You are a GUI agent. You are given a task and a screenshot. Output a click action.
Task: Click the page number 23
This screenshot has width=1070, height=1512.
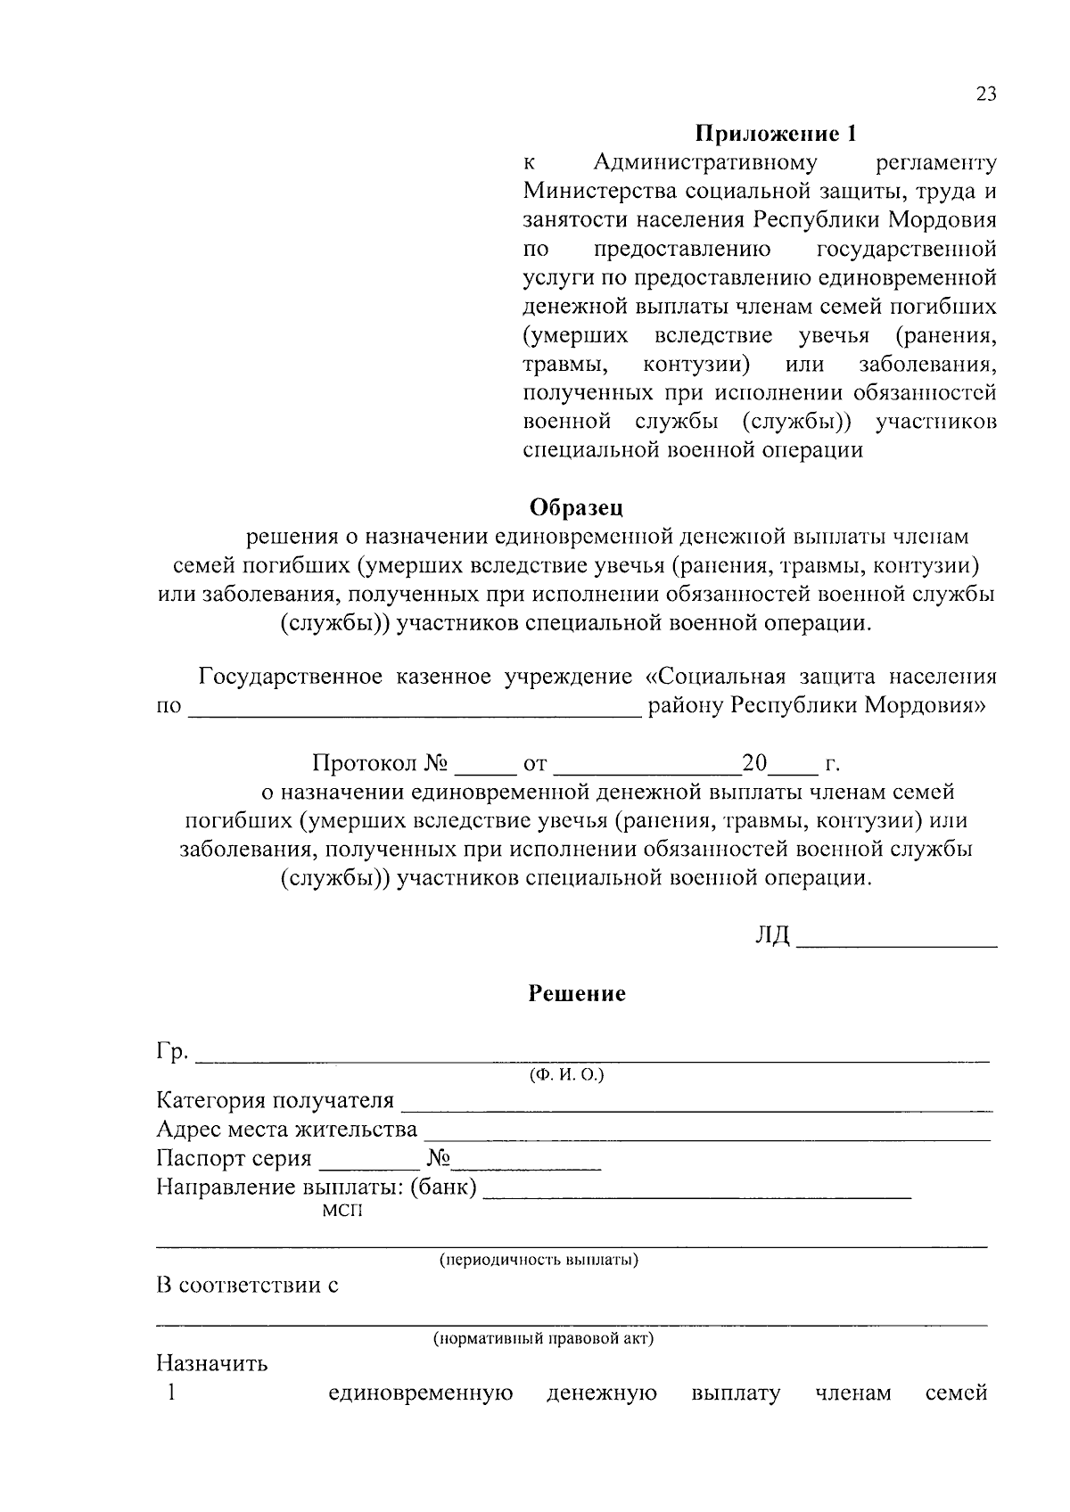(x=986, y=94)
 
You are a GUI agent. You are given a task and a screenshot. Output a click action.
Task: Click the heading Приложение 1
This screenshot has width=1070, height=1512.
(x=776, y=135)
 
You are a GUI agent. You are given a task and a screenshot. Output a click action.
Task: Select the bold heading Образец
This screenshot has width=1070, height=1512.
(x=576, y=507)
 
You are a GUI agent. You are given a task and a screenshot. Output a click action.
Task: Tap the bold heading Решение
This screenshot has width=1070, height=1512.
(x=577, y=993)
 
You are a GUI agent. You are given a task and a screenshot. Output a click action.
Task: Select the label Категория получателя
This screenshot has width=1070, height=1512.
(x=275, y=1102)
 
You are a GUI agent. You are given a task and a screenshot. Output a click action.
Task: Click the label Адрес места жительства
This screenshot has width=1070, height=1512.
(x=286, y=1130)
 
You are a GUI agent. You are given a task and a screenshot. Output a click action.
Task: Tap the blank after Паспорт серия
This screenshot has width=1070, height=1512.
(x=368, y=1167)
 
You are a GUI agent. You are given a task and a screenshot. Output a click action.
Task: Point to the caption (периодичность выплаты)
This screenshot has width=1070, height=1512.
(x=538, y=1261)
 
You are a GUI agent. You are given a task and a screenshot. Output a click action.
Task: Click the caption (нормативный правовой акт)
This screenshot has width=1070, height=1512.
(x=544, y=1339)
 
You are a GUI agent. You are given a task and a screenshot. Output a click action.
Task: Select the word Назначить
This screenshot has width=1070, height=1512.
(x=211, y=1364)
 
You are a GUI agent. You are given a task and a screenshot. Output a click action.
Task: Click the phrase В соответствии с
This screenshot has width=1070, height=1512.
(x=247, y=1286)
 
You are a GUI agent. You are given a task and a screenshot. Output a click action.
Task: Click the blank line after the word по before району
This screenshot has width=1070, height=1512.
(x=415, y=713)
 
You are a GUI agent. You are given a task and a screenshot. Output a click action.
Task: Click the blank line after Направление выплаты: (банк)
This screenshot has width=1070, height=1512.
(x=696, y=1195)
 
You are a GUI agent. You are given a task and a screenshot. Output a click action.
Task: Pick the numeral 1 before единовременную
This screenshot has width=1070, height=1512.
(x=169, y=1393)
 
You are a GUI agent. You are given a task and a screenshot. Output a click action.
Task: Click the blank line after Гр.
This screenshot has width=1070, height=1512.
(x=592, y=1060)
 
